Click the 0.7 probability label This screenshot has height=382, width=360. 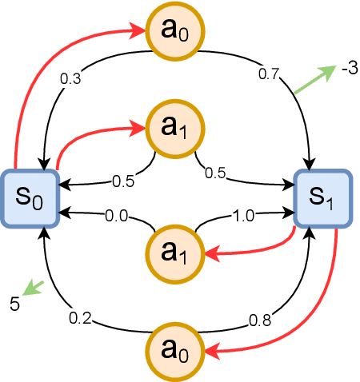click(267, 74)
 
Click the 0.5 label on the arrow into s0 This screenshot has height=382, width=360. click(122, 181)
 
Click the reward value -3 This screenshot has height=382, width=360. click(348, 69)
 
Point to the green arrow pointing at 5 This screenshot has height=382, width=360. click(34, 286)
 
